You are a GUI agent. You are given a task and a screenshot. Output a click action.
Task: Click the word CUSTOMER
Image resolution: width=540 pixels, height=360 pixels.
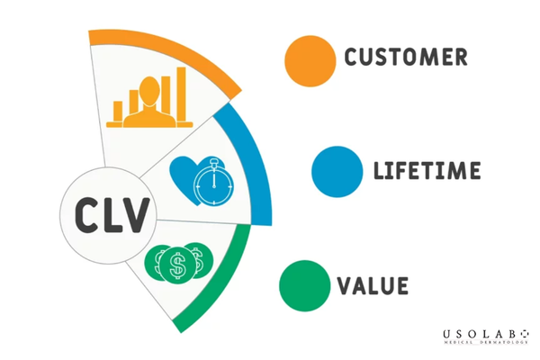pyautogui.click(x=406, y=58)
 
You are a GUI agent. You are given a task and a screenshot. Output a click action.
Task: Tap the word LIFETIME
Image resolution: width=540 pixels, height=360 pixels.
pyautogui.click(x=427, y=170)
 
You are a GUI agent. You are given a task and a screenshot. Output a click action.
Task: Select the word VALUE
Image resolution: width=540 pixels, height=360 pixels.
pyautogui.click(x=373, y=285)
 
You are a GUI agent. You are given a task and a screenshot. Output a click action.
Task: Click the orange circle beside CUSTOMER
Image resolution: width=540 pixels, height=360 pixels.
pyautogui.click(x=310, y=61)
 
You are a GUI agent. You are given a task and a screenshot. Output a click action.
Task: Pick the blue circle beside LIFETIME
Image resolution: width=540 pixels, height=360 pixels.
pyautogui.click(x=337, y=172)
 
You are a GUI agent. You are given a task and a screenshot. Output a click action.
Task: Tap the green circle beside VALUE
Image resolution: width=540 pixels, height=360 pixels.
pyautogui.click(x=305, y=286)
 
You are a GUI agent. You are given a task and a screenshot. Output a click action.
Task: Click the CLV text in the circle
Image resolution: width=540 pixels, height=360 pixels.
pyautogui.click(x=112, y=215)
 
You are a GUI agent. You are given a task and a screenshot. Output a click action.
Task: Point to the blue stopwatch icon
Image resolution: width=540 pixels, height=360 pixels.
pyautogui.click(x=213, y=183)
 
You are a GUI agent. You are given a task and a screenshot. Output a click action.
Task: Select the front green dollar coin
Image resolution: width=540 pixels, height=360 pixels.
pyautogui.click(x=177, y=265)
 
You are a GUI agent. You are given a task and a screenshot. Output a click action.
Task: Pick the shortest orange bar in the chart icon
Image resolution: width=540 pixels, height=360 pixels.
pyautogui.click(x=118, y=112)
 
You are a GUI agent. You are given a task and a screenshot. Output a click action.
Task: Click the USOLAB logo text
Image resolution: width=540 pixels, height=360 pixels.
pyautogui.click(x=486, y=334)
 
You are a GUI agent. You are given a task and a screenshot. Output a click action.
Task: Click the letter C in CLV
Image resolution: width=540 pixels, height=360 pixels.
pyautogui.click(x=85, y=215)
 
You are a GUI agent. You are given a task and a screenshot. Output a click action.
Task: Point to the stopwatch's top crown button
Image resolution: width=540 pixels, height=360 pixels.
pyautogui.click(x=214, y=161)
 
